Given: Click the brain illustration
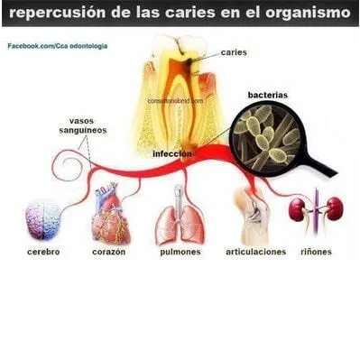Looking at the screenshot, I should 42,217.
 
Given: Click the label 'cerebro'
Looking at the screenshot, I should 42,252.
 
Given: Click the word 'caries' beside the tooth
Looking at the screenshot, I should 233,53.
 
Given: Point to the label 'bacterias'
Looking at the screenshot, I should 268,94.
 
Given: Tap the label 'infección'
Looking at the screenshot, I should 172,153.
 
